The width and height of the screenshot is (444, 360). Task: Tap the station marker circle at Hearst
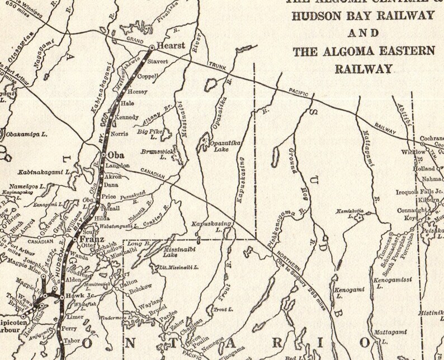click(152, 48)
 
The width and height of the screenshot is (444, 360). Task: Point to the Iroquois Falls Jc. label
click(420, 191)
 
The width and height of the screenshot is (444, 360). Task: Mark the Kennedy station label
click(126, 117)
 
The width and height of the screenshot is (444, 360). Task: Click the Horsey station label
click(138, 91)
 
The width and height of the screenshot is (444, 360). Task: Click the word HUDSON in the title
click(315, 16)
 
